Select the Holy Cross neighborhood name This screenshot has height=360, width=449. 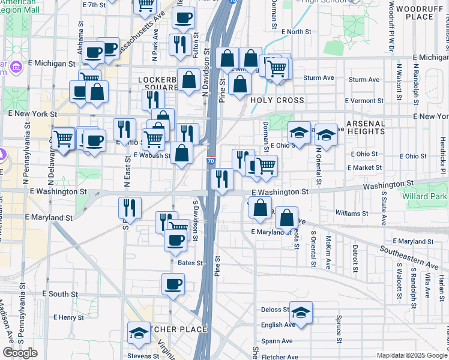[x=277, y=100]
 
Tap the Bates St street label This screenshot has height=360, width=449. [x=190, y=263]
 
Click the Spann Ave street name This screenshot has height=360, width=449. [x=277, y=341]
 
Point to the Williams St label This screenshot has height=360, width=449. [x=348, y=213]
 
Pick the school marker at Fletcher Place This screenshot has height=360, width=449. [x=139, y=333]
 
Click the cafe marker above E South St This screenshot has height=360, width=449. [x=173, y=284]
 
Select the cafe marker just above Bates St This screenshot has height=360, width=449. [x=176, y=241]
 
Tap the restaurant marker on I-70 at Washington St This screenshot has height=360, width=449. [x=222, y=179]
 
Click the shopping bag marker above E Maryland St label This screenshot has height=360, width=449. [x=287, y=218]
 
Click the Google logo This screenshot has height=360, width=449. [x=20, y=353]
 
